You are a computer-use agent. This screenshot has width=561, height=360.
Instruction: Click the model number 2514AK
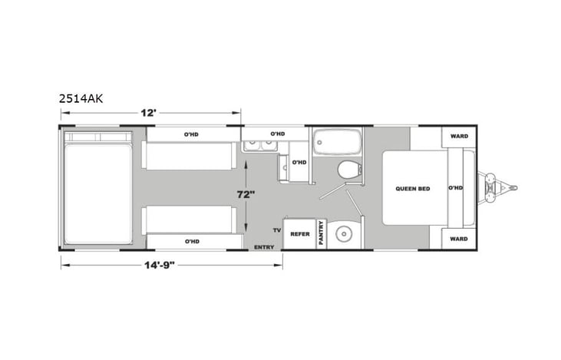(81, 98)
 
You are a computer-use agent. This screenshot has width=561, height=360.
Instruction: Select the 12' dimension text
(149, 113)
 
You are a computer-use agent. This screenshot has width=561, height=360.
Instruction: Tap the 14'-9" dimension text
(170, 266)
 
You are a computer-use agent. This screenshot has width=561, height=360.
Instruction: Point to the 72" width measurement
(245, 195)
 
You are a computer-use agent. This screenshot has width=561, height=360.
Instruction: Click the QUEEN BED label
(411, 188)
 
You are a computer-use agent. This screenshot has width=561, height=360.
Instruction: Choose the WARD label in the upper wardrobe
(458, 137)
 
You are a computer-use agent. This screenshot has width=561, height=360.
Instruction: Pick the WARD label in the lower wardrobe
(458, 239)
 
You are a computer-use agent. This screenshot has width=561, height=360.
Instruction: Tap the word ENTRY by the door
(264, 247)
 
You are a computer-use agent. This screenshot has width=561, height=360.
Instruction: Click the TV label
(276, 230)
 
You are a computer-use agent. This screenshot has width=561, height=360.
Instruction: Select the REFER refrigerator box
(299, 234)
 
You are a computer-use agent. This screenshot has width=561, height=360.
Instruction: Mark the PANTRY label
(321, 235)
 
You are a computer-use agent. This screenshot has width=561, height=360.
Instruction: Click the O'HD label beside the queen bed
(455, 188)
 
